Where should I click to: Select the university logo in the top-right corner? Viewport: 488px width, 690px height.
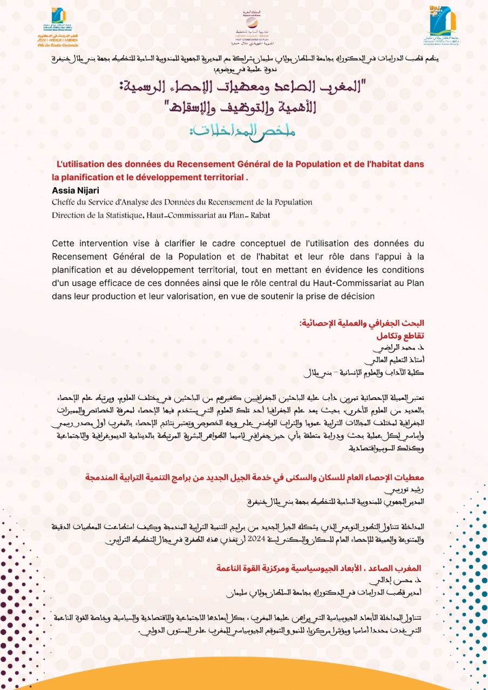click(x=443, y=25)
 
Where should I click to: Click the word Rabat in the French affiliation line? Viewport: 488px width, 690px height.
click(x=259, y=215)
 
